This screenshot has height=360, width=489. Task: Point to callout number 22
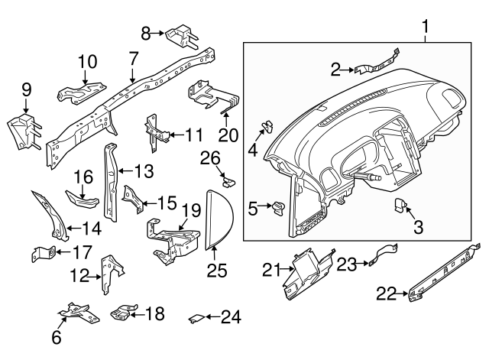coord(386,291)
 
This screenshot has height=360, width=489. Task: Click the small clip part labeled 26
coord(227,181)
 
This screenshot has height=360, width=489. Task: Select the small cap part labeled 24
coord(195,316)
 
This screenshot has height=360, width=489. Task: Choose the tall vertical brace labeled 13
coord(112,182)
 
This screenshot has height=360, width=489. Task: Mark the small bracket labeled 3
coord(403,204)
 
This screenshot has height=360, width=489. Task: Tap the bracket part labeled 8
coord(182,36)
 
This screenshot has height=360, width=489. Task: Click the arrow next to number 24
coord(208,316)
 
